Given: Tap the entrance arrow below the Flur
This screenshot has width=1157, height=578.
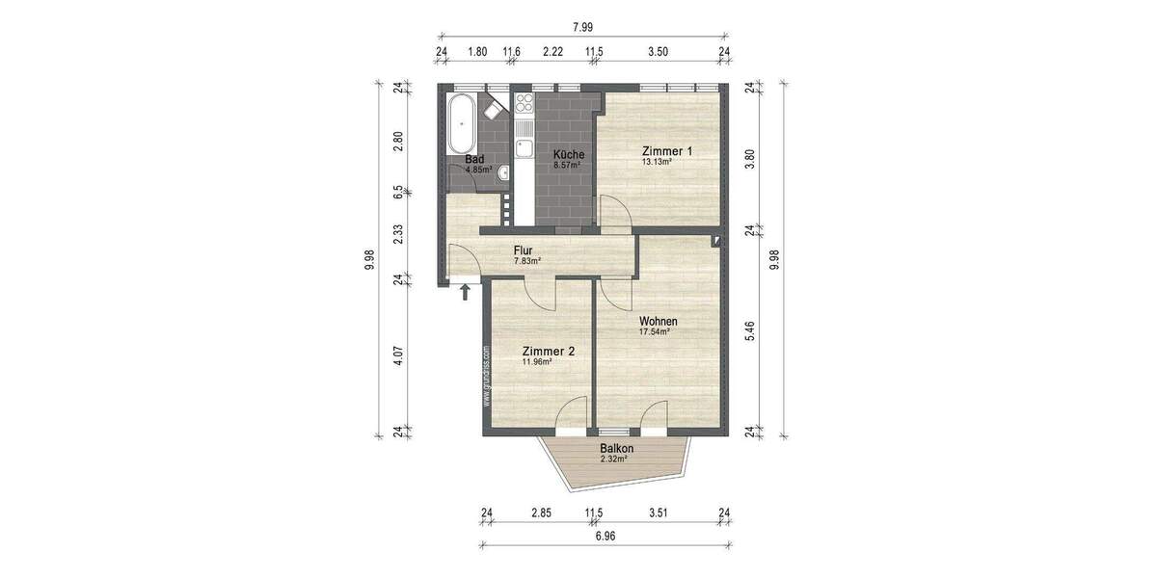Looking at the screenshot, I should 465,291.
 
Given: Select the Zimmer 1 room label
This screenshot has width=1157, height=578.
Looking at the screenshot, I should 667,151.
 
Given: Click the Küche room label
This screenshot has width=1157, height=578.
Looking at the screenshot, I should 568,154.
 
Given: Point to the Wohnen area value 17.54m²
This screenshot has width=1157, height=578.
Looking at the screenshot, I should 654,331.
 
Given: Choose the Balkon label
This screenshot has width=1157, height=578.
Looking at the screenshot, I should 616,449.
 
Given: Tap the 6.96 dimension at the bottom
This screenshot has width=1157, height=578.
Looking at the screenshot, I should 605,536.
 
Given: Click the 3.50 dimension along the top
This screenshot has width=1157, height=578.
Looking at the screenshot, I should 658,52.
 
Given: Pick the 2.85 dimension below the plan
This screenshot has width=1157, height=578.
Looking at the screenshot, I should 540,512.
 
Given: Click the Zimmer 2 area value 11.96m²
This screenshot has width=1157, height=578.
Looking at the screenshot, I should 536,362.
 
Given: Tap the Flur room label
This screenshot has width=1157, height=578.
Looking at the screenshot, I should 524,250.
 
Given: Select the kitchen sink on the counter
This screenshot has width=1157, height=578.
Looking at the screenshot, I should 524,147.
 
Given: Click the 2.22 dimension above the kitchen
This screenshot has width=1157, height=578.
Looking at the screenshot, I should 552,52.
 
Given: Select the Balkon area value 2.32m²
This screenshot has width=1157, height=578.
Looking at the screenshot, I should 613,460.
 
